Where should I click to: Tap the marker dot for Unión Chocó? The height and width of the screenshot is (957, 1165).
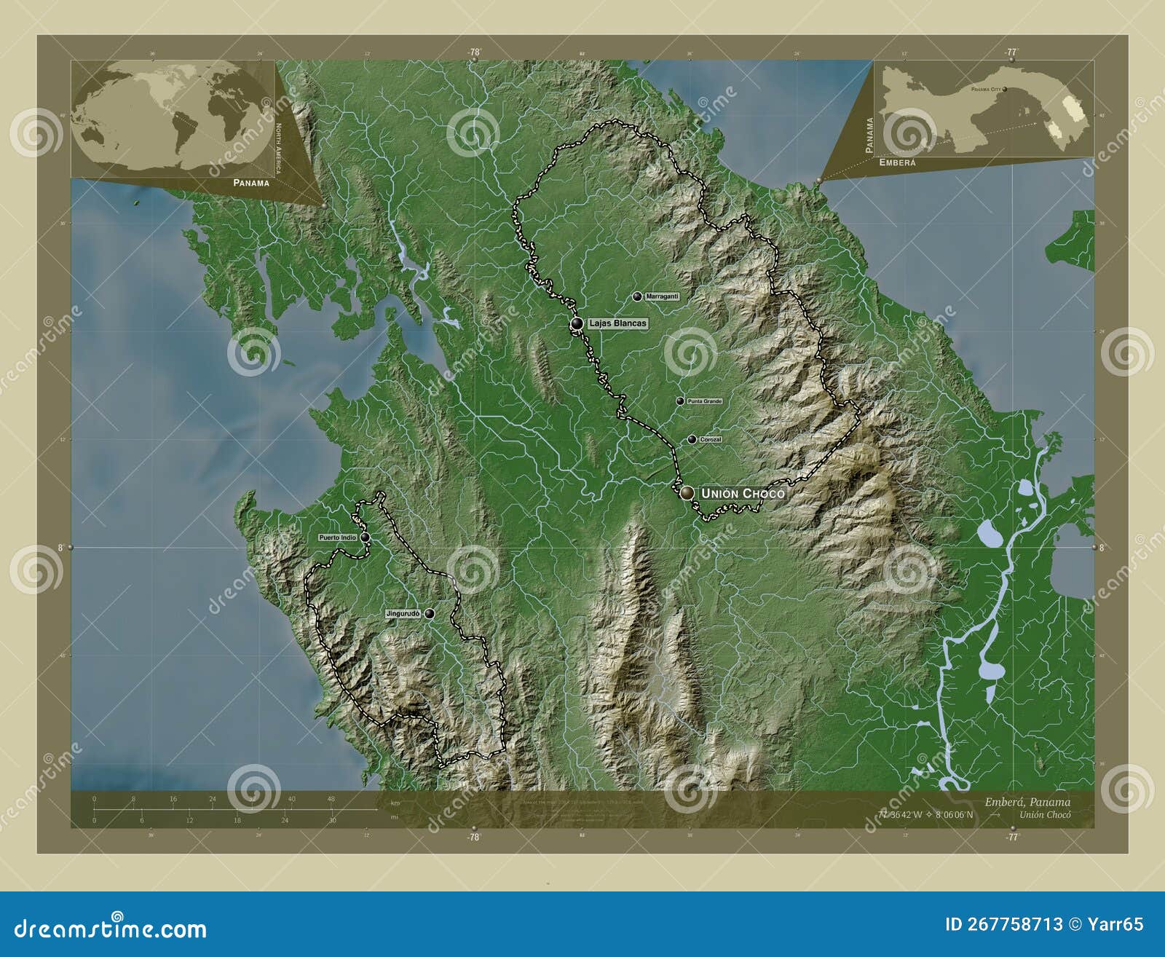687,493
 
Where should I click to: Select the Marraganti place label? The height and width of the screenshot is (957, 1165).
662,296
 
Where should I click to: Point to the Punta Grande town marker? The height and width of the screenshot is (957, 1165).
680,401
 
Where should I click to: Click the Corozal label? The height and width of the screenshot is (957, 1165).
710,440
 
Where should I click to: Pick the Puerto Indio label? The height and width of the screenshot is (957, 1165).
337,537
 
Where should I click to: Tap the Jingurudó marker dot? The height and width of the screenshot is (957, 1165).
430,614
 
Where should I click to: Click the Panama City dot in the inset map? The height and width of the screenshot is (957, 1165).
1005,89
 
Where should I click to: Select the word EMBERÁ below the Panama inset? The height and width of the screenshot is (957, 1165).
897,163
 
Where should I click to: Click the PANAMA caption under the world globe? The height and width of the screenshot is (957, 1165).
251,183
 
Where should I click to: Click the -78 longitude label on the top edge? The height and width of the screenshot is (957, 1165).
474,52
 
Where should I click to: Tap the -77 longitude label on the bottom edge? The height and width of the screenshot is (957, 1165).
1011,838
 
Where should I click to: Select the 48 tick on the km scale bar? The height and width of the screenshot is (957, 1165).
331,799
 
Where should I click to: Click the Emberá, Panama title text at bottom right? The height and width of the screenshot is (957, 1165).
1027,802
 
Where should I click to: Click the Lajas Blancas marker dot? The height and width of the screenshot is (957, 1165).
576,323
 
